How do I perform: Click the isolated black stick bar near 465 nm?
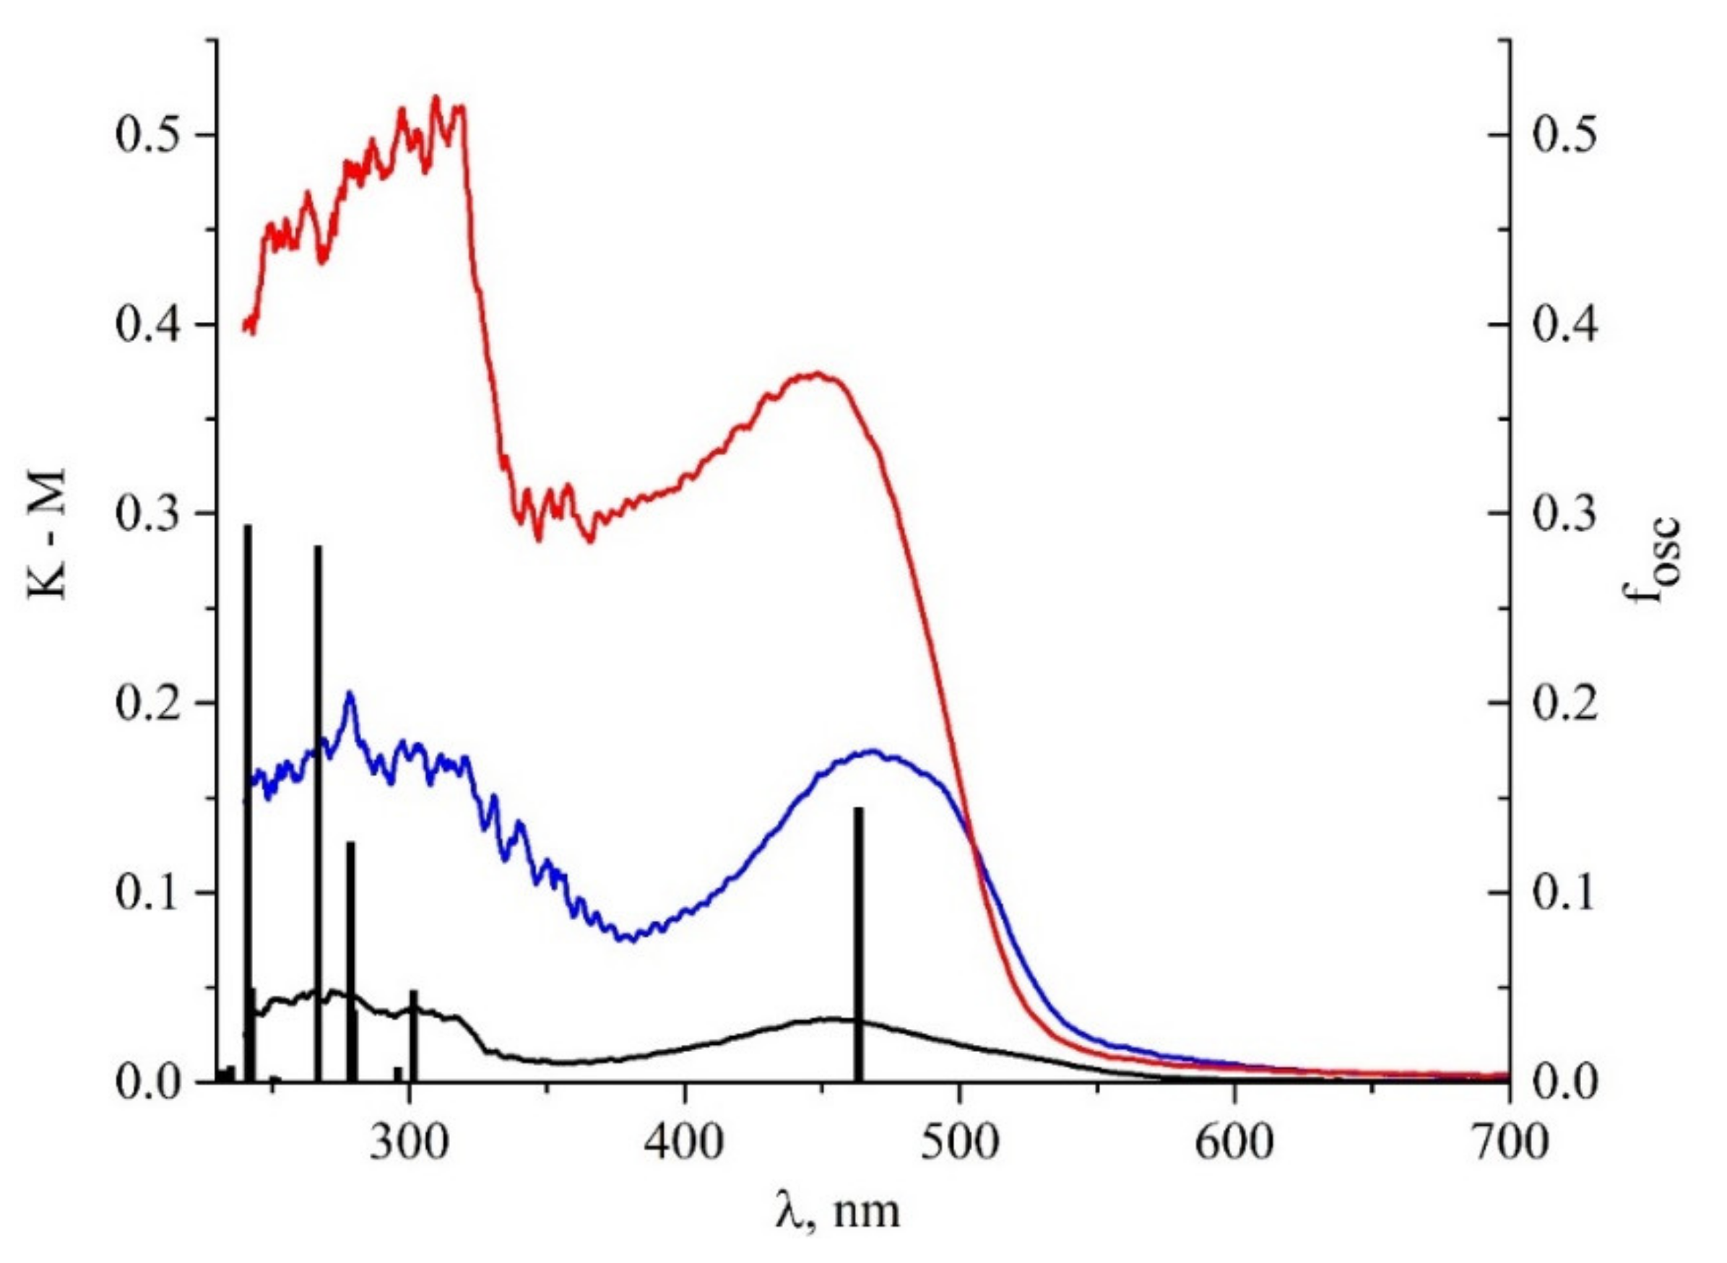point(858,948)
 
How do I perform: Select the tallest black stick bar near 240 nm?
point(248,803)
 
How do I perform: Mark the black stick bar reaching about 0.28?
point(319,810)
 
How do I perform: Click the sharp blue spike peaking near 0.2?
point(350,698)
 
